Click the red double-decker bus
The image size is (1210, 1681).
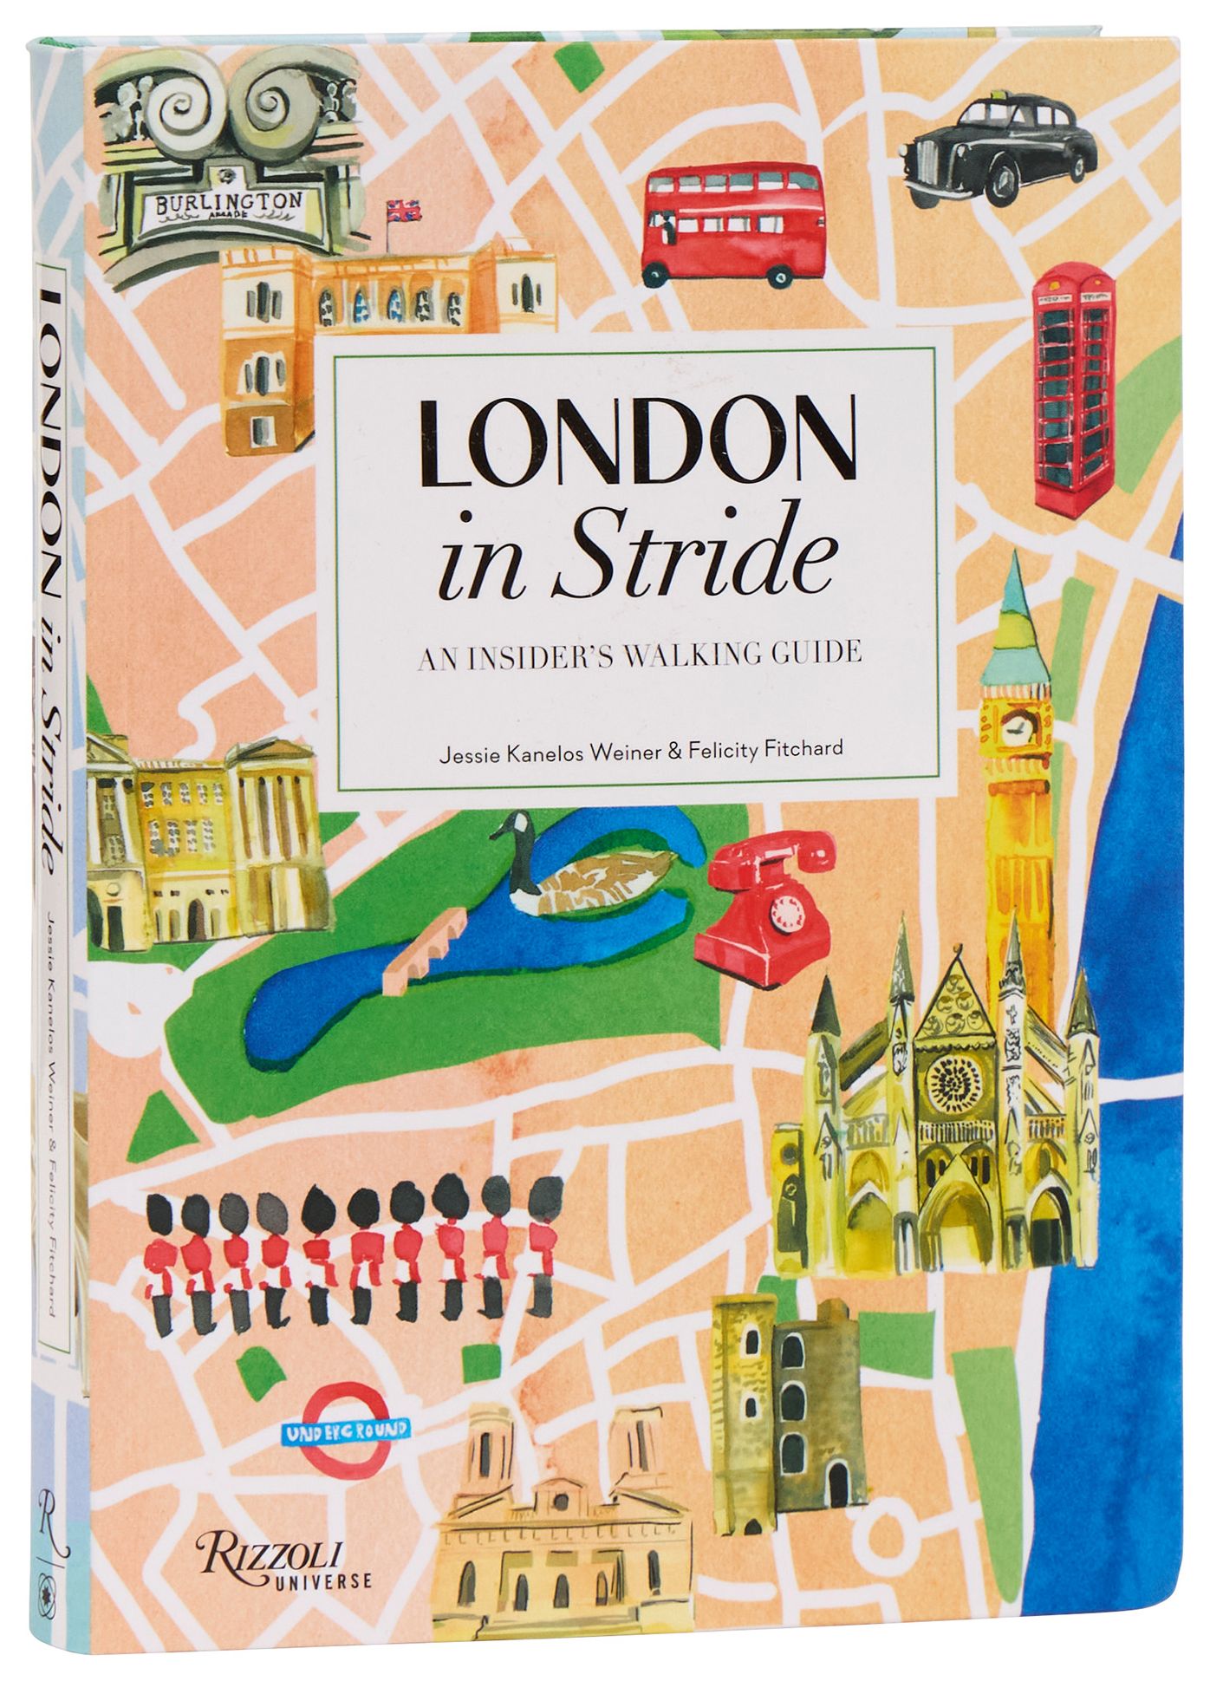click(x=732, y=223)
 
